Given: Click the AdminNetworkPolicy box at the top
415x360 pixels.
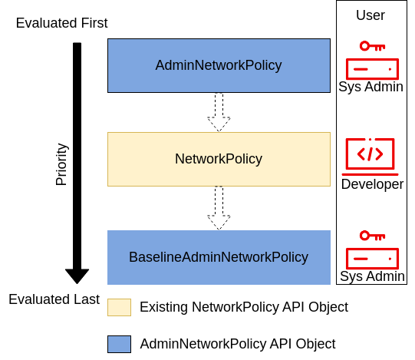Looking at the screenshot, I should (x=219, y=66).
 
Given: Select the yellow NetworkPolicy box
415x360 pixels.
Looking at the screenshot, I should (x=219, y=159).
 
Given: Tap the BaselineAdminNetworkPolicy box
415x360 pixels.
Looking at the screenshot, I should (x=219, y=257).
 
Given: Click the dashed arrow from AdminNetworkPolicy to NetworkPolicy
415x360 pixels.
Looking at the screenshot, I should (x=219, y=112).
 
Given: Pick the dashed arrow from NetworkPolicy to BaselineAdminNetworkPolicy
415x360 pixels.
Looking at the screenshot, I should (x=219, y=208).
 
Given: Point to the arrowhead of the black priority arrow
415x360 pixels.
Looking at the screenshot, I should (x=77, y=276).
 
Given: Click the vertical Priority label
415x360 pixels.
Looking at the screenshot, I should (x=62, y=164).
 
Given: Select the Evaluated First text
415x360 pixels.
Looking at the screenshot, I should (x=61, y=23).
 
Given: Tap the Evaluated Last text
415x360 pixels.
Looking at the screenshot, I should (x=54, y=299).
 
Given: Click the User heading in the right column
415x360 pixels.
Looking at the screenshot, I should (x=371, y=15).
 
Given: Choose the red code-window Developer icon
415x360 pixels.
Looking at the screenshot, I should (x=370, y=154).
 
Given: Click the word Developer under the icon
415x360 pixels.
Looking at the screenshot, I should (x=372, y=184).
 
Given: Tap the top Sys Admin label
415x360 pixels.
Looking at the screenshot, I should (x=371, y=87).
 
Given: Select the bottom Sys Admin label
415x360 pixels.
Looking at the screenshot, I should (x=372, y=276).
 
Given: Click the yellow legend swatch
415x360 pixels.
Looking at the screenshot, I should (x=119, y=307).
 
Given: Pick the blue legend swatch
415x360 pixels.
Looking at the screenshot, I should (x=119, y=344).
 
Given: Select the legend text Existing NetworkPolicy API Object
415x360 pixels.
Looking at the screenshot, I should (x=244, y=307).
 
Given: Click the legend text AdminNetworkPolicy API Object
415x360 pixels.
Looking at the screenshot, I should (x=238, y=344).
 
